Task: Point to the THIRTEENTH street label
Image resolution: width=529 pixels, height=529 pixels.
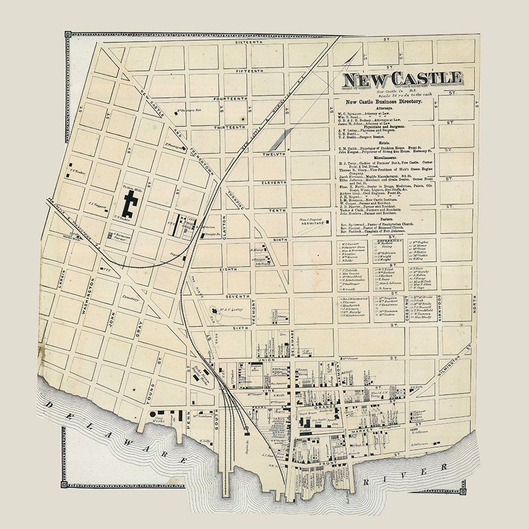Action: (x=229, y=127)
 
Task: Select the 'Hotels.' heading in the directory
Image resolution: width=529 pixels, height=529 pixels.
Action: (x=384, y=143)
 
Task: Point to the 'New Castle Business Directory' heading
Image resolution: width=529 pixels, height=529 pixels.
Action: (x=384, y=101)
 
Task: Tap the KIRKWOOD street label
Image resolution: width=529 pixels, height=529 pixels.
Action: (x=439, y=307)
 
